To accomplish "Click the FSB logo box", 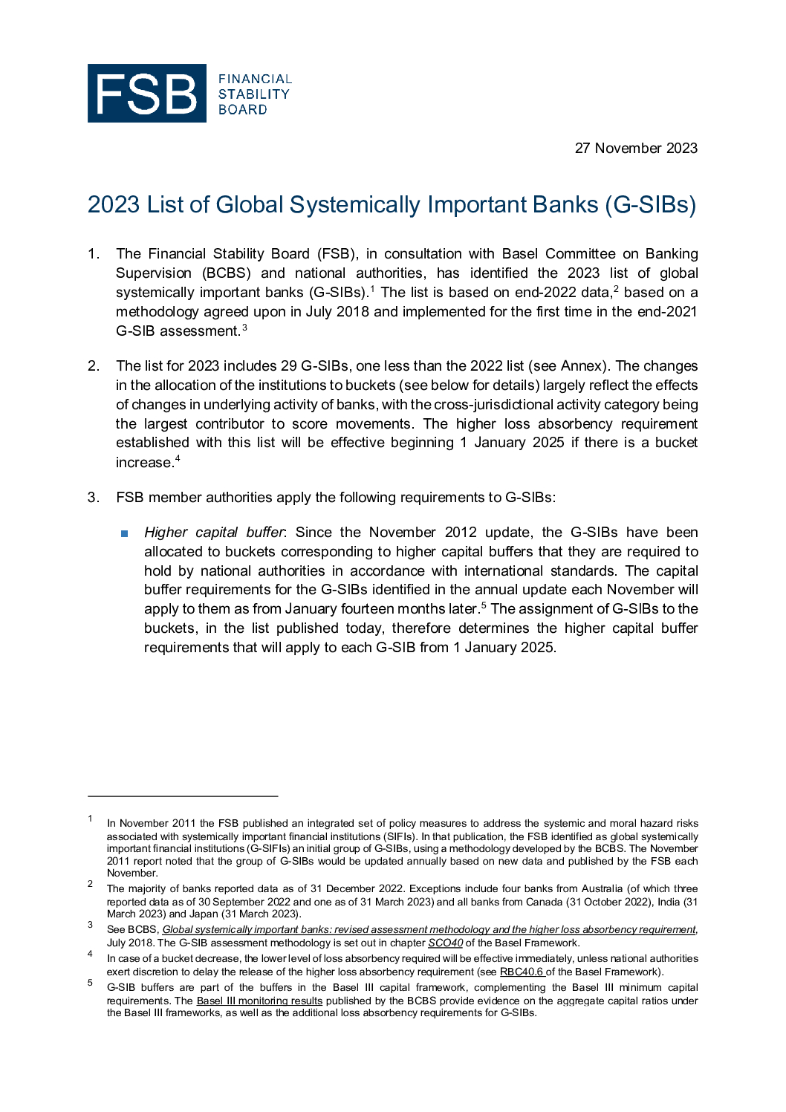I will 146,93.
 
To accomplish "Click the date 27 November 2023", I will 636,148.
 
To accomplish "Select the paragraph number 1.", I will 93,254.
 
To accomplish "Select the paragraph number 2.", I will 93,366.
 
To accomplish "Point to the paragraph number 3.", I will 93,498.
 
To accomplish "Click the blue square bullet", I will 124,533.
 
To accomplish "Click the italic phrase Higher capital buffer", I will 214,533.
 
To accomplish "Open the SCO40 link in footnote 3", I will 445,943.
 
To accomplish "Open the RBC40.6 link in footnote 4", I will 522,972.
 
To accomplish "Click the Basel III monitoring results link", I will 259,1001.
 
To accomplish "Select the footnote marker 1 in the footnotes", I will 90,819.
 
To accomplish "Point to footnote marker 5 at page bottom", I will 90,983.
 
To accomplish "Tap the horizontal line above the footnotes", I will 183,796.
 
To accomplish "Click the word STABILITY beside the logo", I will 253,94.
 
